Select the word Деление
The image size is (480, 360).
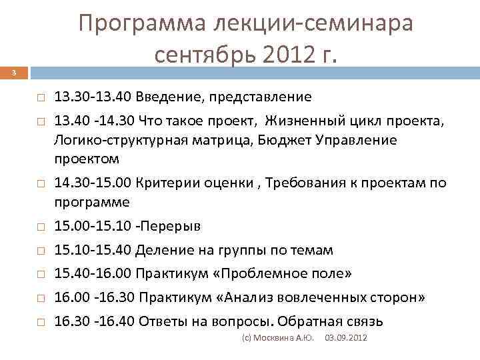(x=163, y=250)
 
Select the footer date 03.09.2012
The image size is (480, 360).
(x=345, y=339)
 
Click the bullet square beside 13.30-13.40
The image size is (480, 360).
(x=40, y=98)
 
